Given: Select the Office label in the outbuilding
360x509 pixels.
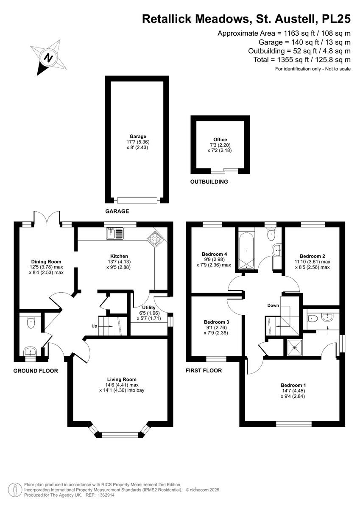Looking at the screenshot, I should [220, 140].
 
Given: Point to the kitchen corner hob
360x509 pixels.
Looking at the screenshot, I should [154, 239].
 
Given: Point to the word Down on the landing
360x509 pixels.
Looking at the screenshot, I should [273, 305].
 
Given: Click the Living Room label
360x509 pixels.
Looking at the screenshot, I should [122, 380].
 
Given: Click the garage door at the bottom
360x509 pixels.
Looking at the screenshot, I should [138, 200].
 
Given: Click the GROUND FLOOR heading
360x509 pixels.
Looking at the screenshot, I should [36, 371].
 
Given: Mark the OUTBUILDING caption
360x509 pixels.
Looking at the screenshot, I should [209, 182].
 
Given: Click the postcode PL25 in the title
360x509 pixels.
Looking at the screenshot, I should [336, 19].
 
